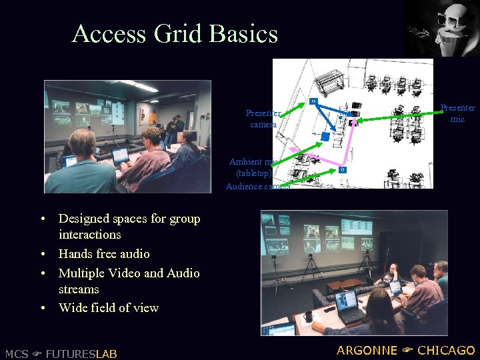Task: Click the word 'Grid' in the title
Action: point(185,33)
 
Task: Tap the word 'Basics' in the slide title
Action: point(245,33)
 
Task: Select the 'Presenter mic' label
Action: point(457,113)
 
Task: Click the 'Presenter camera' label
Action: point(263,119)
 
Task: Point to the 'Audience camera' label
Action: point(257,187)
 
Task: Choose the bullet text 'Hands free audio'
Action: point(104,254)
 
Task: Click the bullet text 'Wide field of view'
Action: point(109,308)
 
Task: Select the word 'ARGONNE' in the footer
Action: point(366,351)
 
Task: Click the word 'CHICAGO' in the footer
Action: point(446,351)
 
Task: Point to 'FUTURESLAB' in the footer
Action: point(81,353)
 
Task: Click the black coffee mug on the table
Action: point(309,315)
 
